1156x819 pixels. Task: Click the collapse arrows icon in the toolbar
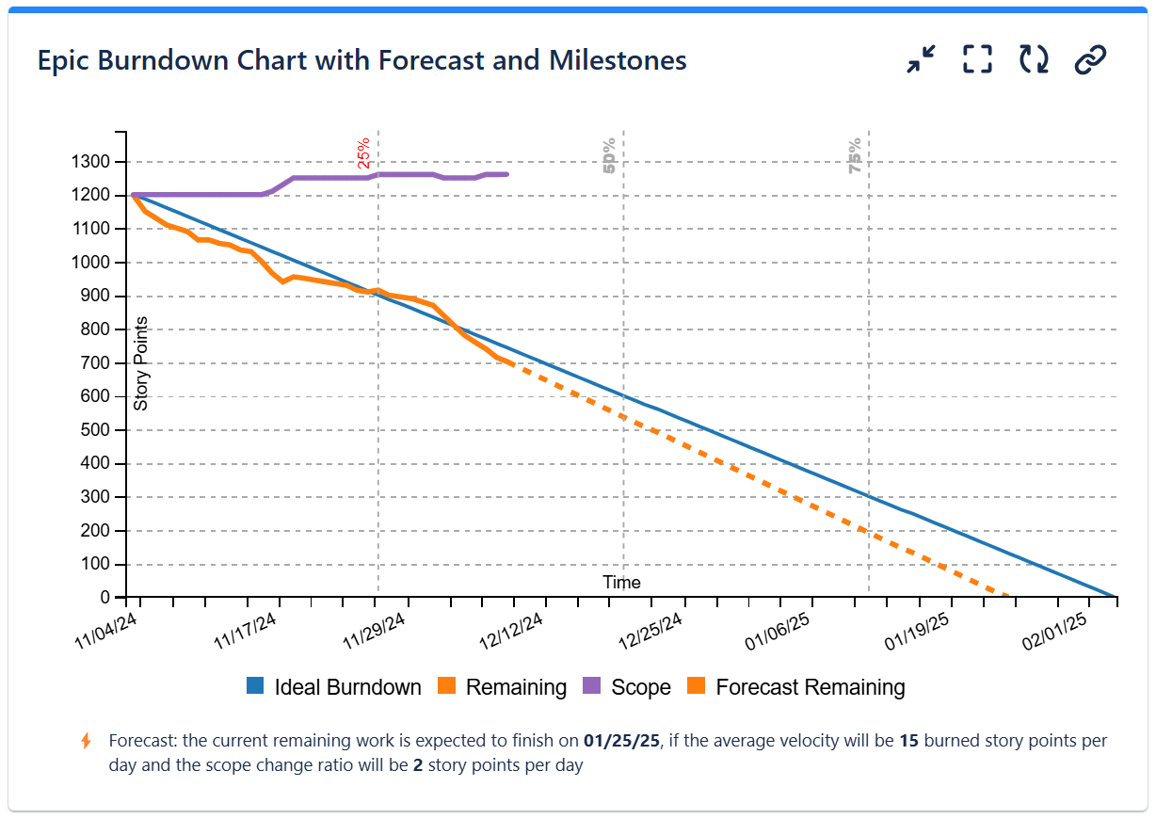(921, 60)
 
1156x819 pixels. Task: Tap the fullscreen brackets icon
(978, 60)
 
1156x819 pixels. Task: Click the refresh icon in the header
(1034, 60)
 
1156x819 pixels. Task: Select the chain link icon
(1090, 60)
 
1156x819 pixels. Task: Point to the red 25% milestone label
(364, 153)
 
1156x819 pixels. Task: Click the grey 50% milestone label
(610, 155)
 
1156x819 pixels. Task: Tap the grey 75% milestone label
(855, 155)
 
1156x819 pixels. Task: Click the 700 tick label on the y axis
(94, 363)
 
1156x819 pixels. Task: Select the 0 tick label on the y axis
(105, 598)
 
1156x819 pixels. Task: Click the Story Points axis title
(141, 363)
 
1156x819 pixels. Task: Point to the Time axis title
(621, 582)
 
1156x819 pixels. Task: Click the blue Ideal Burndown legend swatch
(255, 687)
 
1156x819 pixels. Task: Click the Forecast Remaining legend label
(810, 687)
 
